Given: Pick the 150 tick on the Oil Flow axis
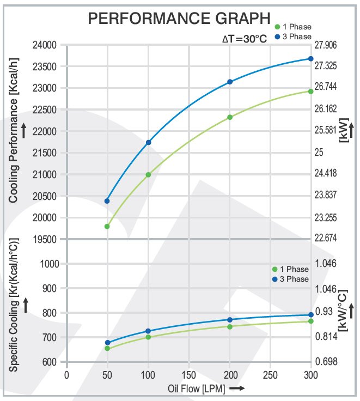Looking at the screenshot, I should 189,375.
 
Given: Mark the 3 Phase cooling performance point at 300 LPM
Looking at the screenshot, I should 311,58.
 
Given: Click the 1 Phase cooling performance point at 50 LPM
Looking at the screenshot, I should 107,226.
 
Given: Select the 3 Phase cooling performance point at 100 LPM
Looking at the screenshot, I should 148,142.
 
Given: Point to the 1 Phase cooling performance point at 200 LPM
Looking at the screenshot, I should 230,117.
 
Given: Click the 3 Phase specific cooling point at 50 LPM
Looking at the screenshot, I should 107,343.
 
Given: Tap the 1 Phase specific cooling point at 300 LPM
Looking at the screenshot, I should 311,321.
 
